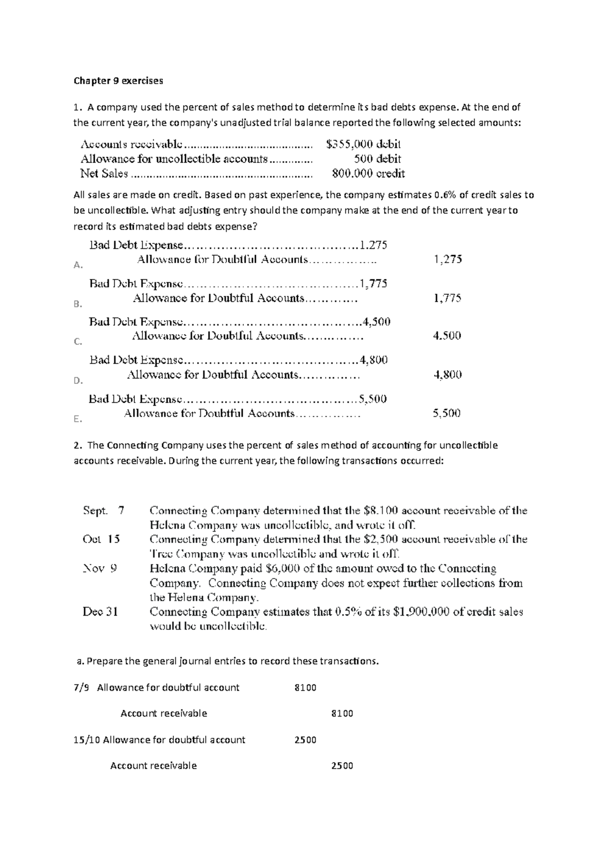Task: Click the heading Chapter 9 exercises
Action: point(119,81)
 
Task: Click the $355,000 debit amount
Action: point(364,144)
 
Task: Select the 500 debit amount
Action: point(377,159)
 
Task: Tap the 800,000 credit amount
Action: point(368,173)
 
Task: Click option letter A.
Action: point(78,265)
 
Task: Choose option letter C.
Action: point(78,342)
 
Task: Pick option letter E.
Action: point(78,419)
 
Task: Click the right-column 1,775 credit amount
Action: point(447,298)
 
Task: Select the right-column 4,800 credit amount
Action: point(447,375)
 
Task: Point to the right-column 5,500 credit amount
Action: point(446,413)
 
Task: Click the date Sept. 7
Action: point(103,510)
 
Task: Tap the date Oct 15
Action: point(101,539)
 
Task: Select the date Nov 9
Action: point(100,568)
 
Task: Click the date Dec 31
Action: point(100,612)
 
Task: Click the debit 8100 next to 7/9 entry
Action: point(305,688)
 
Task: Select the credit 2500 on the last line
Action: point(342,766)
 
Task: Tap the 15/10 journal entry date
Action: point(87,740)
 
